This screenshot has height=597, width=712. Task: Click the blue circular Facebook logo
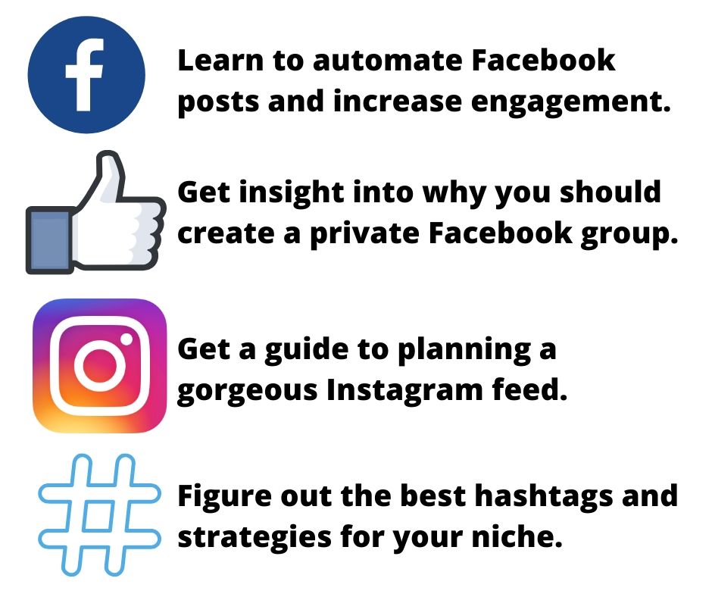[86, 74]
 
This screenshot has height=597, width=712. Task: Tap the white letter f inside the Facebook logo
[85, 74]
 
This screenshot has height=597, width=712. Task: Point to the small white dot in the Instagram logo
[126, 339]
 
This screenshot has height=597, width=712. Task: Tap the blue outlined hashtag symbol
[99, 515]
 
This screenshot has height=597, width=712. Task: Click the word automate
[389, 61]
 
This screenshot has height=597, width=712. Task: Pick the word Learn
[220, 61]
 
